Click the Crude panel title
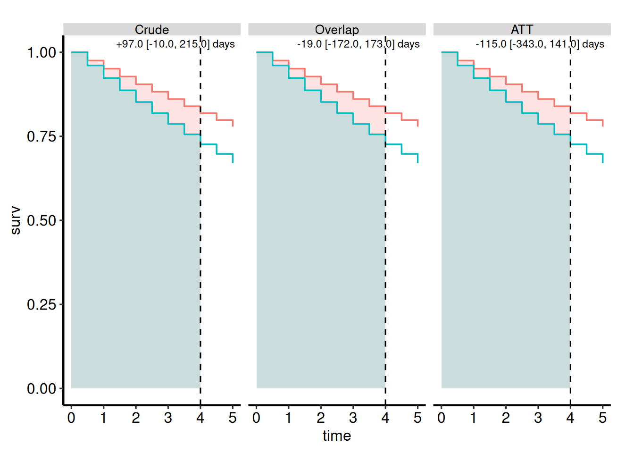click(152, 29)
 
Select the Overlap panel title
click(337, 29)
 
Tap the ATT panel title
click(522, 29)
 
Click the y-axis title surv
click(16, 220)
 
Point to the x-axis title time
click(337, 436)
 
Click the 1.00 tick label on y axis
click(42, 53)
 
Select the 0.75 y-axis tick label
click(42, 136)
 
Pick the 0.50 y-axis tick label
click(42, 220)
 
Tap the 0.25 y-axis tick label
click(42, 305)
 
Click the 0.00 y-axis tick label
click(42, 388)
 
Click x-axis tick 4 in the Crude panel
click(200, 418)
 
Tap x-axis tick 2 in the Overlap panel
click(321, 418)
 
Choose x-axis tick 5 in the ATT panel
click(602, 418)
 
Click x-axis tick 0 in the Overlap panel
click(256, 418)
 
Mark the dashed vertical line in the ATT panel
click(570, 221)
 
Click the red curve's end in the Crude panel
click(233, 126)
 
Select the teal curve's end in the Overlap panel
click(418, 163)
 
